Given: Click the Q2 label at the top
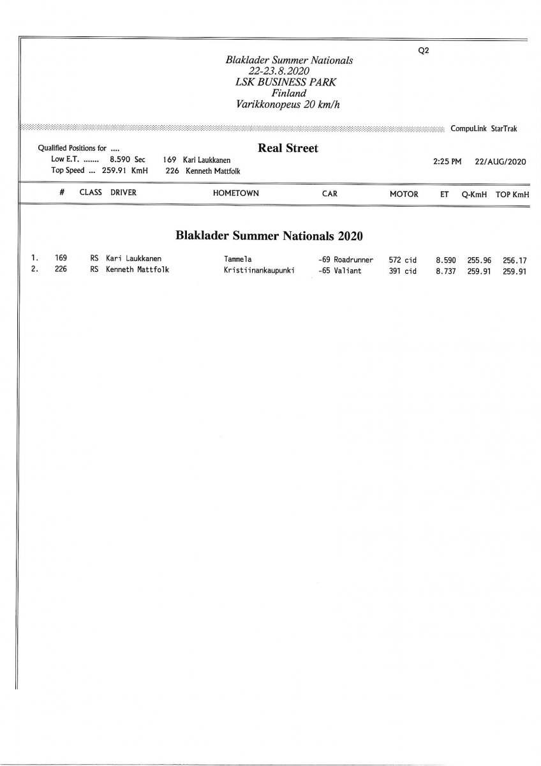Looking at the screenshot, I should pos(423,52).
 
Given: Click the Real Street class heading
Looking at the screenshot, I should pos(288,148).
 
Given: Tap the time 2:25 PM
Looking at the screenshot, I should pos(447,162).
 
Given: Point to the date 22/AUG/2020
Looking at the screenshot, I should pos(500,162).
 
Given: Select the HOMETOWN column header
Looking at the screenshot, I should pos(236,193).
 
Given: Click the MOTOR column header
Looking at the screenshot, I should pos(404,194).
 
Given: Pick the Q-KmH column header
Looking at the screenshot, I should pos(474,194).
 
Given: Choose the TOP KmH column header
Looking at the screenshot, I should pos(512,194).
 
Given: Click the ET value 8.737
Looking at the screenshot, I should pos(445,270).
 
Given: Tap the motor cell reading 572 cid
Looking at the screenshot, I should pos(402,260).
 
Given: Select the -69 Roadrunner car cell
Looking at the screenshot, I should pos(345,260).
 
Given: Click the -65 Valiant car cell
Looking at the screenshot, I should pos(339,270).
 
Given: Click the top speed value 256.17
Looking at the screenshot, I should pos(515,260).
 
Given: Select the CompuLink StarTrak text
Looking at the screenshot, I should pos(484,128).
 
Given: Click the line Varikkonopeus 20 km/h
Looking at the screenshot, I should pos(288,103).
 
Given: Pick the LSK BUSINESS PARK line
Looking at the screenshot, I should pos(288,82).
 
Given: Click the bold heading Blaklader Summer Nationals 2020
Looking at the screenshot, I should pos(269,236).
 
